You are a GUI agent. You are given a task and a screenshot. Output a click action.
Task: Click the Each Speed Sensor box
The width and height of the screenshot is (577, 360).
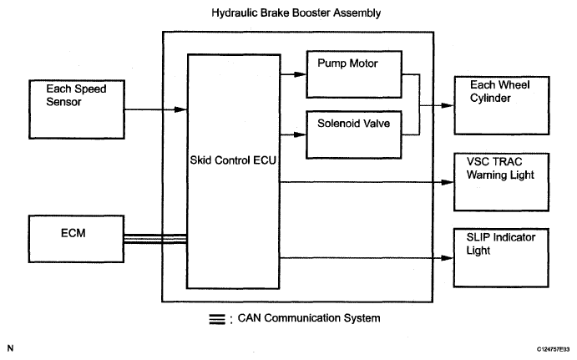77,109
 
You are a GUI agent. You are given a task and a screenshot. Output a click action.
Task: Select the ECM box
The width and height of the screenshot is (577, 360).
76,239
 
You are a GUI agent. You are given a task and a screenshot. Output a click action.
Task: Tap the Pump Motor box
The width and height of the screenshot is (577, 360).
354,74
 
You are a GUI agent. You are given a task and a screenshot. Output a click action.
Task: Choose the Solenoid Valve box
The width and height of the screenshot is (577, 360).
354,134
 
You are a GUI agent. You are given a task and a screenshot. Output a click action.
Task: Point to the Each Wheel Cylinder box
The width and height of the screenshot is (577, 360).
502,105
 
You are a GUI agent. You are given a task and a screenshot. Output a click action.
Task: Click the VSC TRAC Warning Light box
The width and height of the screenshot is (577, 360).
502,182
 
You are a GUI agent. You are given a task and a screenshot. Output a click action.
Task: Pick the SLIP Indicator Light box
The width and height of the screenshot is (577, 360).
501,257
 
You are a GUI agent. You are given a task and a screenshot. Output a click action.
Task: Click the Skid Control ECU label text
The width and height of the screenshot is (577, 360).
233,160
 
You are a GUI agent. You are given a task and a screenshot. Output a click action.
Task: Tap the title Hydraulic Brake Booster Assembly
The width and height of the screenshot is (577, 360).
296,13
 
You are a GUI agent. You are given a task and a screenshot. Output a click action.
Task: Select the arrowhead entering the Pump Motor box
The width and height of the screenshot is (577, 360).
301,74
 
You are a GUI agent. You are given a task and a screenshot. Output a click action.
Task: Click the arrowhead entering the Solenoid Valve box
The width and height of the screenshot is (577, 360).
301,134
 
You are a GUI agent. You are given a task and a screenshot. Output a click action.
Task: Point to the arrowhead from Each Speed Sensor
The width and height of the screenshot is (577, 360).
180,109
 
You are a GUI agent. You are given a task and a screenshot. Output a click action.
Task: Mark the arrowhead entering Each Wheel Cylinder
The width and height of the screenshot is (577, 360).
448,105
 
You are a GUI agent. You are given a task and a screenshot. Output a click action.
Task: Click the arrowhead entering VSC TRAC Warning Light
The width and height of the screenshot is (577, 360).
448,182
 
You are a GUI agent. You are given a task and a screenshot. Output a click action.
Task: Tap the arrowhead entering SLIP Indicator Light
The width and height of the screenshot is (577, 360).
447,258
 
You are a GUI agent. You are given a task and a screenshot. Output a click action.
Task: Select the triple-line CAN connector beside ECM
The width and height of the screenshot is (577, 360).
155,239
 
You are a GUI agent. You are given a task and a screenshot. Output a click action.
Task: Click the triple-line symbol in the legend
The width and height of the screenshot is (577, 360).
217,319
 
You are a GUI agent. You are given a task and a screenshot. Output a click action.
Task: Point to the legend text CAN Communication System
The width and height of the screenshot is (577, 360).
309,318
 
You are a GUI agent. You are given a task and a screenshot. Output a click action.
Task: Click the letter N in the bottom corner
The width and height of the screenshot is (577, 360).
10,347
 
